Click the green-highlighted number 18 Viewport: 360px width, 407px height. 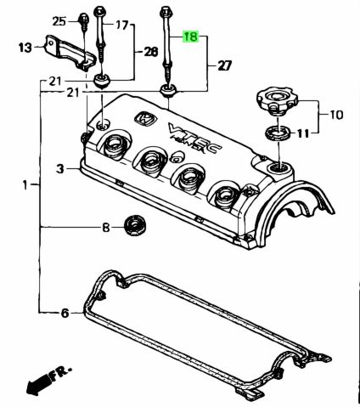191,37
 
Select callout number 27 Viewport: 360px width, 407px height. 224,65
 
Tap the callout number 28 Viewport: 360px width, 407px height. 150,52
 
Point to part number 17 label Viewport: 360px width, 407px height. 122,25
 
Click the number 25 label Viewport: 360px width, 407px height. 59,21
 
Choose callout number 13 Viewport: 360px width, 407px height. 25,48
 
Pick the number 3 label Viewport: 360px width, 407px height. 60,169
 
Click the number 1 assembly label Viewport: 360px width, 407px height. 25,185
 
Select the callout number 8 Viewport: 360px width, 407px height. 105,228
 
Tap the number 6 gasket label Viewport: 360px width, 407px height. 65,313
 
